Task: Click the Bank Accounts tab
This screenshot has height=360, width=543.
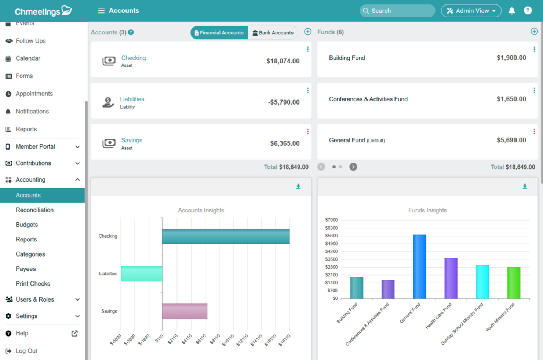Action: tap(273, 33)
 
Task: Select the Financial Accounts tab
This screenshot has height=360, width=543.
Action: tap(219, 33)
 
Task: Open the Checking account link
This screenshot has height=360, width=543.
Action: tap(133, 58)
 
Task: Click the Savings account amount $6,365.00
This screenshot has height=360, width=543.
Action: tap(284, 143)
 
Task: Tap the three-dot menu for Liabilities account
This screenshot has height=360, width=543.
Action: tap(307, 91)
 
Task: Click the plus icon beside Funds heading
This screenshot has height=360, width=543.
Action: tap(534, 32)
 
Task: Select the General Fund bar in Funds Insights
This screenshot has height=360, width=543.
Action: tap(419, 266)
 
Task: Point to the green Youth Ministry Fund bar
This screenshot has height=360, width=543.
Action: tap(513, 283)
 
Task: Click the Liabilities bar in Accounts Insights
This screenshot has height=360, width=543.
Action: tap(142, 274)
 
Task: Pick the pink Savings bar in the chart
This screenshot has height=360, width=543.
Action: tap(185, 311)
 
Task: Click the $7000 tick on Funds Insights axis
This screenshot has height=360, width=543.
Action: tap(331, 220)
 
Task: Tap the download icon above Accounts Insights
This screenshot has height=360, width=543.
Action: tap(298, 186)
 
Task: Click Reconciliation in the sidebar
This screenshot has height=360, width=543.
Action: tap(34, 210)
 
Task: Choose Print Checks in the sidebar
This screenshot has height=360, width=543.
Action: tap(33, 284)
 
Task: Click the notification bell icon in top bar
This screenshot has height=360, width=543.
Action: tap(511, 11)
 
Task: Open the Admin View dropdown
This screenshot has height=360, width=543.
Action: tap(471, 11)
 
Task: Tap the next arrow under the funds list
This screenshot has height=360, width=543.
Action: tap(353, 167)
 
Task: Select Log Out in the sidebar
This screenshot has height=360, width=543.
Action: tap(26, 351)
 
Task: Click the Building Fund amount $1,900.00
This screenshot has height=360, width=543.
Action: tap(511, 58)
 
